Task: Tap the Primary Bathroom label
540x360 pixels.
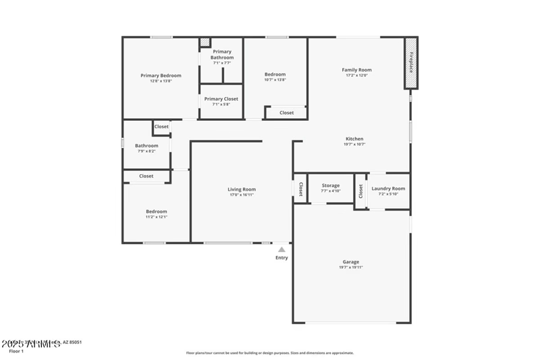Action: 222,55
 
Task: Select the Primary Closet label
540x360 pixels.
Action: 221,99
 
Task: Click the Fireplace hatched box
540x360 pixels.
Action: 410,63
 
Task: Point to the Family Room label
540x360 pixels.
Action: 356,70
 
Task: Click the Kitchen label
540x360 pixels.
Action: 354,139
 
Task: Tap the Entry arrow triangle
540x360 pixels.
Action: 281,249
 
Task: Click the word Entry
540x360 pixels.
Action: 281,257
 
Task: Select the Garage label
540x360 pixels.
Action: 350,262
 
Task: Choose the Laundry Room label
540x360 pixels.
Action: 388,189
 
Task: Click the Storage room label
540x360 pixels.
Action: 330,185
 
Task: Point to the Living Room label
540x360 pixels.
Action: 241,190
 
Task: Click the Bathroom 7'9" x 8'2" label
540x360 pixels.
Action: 146,146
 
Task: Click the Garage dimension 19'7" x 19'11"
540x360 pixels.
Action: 350,267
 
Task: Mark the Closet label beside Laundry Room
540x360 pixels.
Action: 361,192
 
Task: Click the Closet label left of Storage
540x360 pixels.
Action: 301,189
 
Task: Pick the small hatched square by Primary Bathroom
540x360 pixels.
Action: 205,43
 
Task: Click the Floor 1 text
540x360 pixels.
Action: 16,351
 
